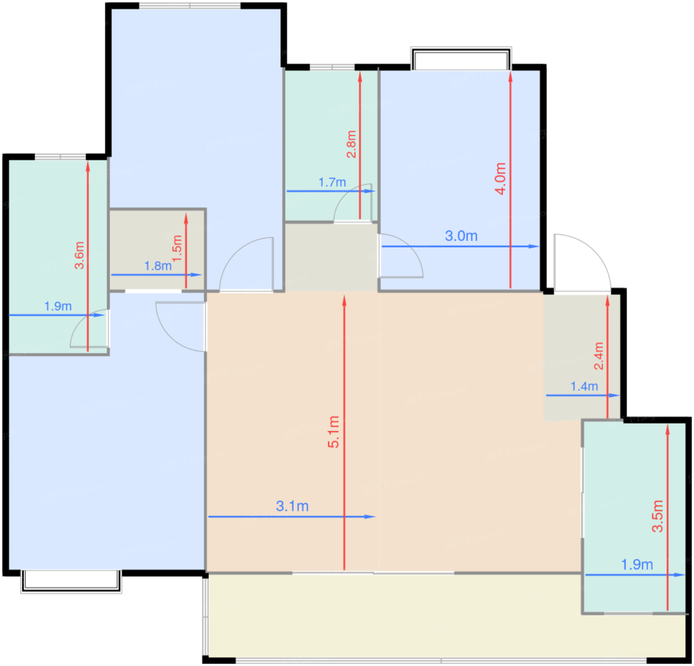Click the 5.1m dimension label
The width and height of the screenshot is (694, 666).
(334, 432)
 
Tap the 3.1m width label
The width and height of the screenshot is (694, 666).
(292, 506)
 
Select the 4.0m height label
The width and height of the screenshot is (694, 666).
(500, 178)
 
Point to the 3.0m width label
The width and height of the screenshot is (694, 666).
(461, 236)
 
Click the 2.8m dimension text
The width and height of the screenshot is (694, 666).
(351, 144)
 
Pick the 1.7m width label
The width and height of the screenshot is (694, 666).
(332, 182)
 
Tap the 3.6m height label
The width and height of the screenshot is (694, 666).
(79, 255)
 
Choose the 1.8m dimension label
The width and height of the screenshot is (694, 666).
(158, 266)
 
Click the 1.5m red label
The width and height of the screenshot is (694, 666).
(177, 248)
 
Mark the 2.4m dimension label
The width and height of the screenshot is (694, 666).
(599, 356)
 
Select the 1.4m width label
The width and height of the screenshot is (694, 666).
(584, 386)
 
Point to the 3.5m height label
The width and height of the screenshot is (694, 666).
(657, 516)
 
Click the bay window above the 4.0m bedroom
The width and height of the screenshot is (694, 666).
(461, 58)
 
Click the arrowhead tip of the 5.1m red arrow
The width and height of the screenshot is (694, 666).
(344, 295)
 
